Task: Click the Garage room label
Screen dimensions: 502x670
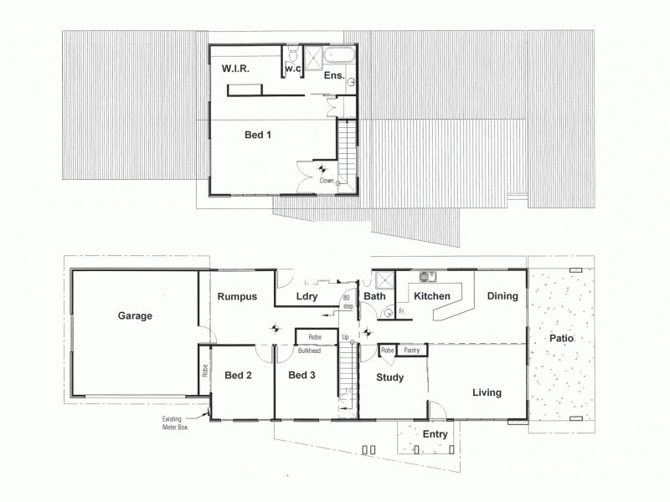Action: pos(134,316)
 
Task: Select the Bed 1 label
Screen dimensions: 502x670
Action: pos(257,134)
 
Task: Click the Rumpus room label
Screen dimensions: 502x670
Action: pos(236,297)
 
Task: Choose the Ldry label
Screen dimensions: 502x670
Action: pos(305,297)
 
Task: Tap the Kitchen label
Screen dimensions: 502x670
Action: pos(432,296)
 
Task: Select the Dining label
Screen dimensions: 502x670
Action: pos(502,296)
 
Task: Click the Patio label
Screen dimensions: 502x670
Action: pos(562,340)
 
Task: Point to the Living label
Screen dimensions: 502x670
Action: pos(487,392)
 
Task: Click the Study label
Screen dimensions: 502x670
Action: pos(389,378)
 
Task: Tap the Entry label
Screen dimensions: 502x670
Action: pos(435,434)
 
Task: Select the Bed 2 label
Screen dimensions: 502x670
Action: pos(239,376)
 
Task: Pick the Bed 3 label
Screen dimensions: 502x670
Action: pos(301,376)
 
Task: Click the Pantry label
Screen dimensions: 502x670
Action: pos(411,351)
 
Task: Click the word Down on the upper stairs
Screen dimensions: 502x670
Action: pos(327,180)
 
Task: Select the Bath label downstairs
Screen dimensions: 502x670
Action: pos(374,296)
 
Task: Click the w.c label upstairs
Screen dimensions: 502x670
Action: pos(292,68)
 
